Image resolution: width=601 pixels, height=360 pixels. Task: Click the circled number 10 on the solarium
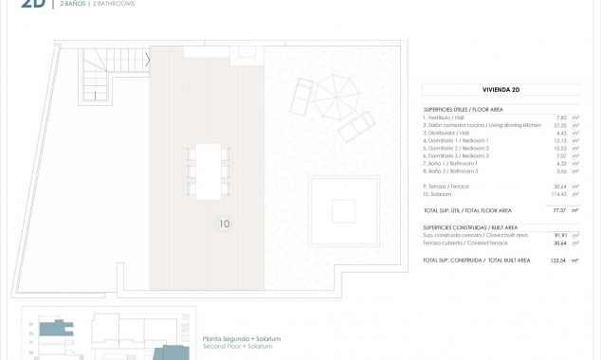coord(225,225)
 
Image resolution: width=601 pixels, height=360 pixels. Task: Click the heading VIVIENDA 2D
coord(501,90)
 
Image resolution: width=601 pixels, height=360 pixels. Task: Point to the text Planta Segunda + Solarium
coord(242,338)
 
